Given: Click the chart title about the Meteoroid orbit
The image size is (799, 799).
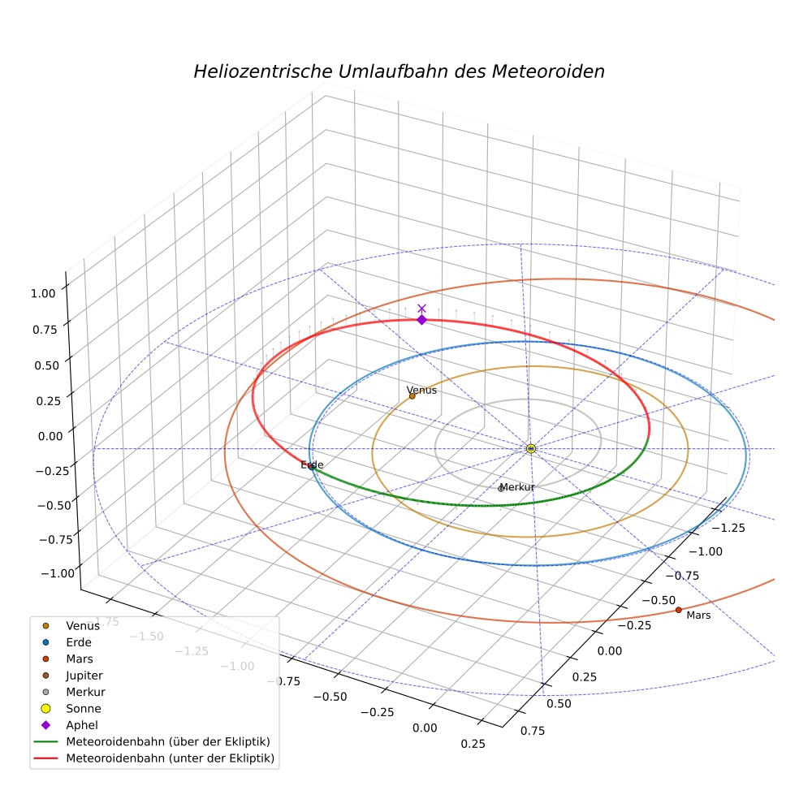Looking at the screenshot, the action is [x=399, y=71].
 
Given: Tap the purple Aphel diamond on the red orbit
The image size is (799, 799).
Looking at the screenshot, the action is [x=421, y=319].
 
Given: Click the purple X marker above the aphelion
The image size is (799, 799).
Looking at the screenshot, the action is [x=421, y=309].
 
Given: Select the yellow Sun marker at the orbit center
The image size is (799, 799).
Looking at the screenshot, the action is [x=531, y=448].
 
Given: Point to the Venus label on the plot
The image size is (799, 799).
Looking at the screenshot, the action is [x=421, y=391].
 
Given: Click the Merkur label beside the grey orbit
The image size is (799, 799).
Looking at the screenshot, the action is [x=517, y=487].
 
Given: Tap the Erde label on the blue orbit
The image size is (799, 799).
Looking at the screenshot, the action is [x=312, y=464].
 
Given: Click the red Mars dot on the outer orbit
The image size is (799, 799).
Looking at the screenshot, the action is [x=678, y=610].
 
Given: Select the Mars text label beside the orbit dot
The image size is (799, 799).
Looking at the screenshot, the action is [x=698, y=615].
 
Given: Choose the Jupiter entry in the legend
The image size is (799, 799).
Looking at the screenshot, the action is [x=84, y=676].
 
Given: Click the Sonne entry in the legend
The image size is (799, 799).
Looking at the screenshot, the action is [x=84, y=708].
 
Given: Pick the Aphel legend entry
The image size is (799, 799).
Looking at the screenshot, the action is [x=81, y=724].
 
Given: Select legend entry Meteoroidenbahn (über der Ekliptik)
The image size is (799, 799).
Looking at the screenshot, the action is [x=168, y=741].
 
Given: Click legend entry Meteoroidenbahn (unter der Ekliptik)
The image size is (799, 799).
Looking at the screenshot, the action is [x=171, y=758].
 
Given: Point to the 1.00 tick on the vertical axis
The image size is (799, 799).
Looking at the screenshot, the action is [x=43, y=293].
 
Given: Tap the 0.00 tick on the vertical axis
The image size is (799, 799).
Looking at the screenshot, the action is [x=50, y=436].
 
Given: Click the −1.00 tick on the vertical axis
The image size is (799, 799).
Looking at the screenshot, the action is [x=58, y=573].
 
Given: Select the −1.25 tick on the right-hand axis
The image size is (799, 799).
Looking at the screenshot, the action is [x=728, y=528].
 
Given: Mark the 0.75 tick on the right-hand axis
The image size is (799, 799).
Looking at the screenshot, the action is [x=533, y=731].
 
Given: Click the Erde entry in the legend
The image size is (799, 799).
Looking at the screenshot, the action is [x=79, y=642].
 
